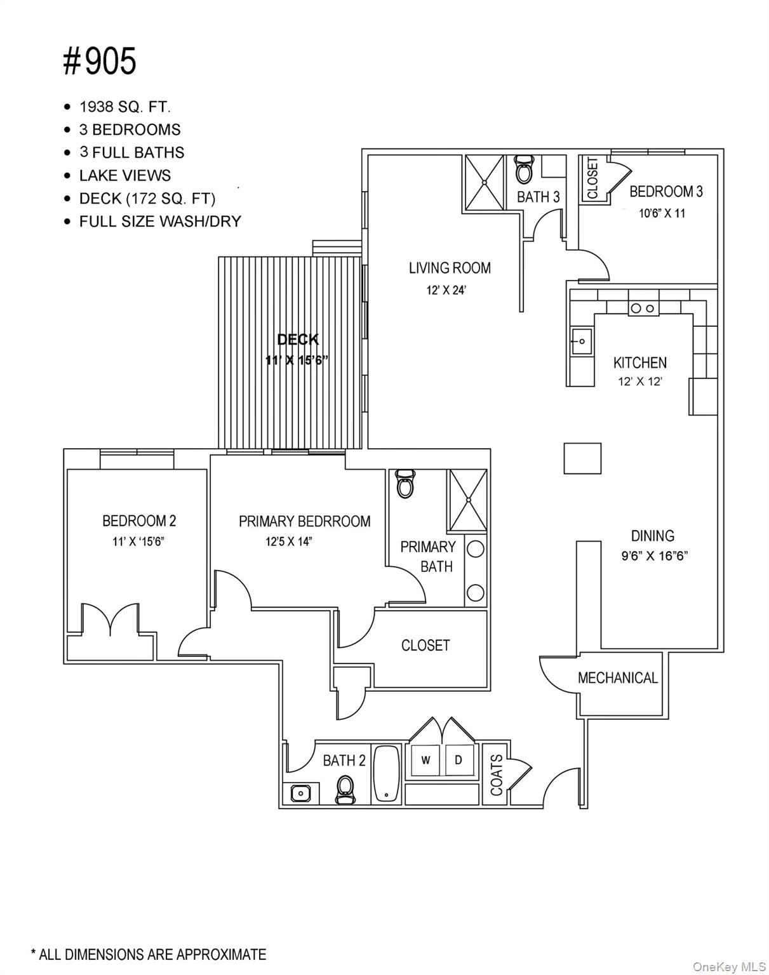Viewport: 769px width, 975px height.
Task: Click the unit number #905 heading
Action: (x=100, y=62)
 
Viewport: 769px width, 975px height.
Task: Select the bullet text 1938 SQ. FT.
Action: (x=124, y=107)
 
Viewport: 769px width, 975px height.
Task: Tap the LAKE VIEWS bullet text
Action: (x=124, y=175)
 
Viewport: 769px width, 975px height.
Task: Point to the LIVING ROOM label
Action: (x=450, y=268)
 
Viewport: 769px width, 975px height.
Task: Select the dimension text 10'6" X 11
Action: (x=662, y=213)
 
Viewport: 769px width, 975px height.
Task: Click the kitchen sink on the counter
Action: (x=580, y=342)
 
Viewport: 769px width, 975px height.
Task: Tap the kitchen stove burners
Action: (x=643, y=308)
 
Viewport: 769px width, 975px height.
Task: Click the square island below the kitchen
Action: (x=582, y=458)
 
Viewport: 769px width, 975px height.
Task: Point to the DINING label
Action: (x=652, y=535)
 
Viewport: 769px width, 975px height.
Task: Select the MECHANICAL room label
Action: (x=617, y=678)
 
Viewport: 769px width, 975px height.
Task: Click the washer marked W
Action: (x=425, y=760)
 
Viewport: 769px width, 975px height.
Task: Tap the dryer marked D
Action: (x=458, y=760)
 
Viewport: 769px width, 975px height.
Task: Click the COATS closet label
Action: (x=497, y=774)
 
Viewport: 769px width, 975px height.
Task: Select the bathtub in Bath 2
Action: (x=386, y=773)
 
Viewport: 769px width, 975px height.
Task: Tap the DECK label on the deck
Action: (x=297, y=340)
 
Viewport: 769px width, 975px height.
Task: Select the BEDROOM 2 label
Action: (x=139, y=521)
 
